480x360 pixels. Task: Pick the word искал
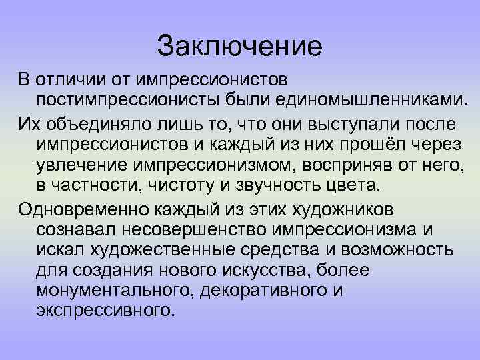pyautogui.click(x=59, y=250)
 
